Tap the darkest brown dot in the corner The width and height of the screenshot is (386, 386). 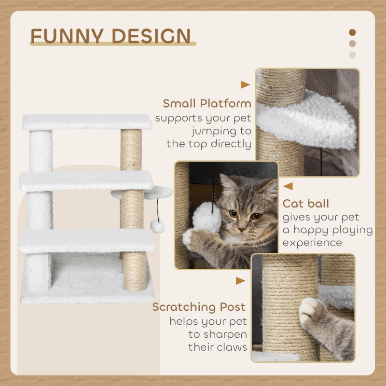coord(352,32)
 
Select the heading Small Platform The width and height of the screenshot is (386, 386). coord(207,103)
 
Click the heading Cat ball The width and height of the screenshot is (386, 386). coord(306,204)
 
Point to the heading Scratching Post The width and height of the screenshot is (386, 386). coord(199,307)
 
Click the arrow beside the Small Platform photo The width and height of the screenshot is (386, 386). coord(245,85)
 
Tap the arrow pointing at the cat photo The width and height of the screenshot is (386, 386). coord(288,186)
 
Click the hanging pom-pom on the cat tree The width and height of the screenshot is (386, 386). coord(157,226)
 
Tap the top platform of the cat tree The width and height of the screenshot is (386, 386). coord(87,122)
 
